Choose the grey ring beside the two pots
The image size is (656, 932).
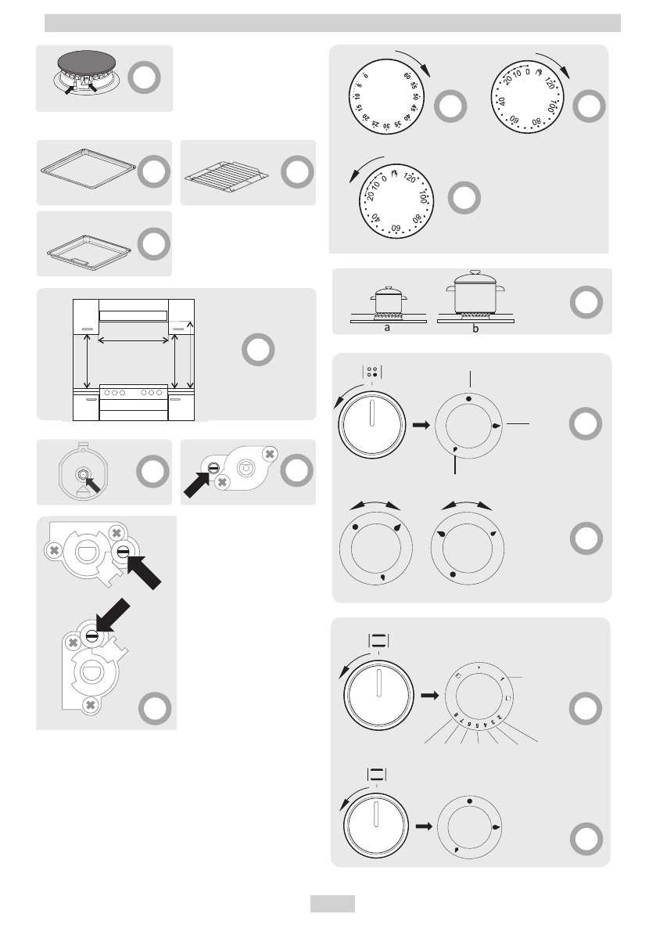[586, 302]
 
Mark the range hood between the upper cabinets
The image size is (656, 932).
[133, 315]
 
